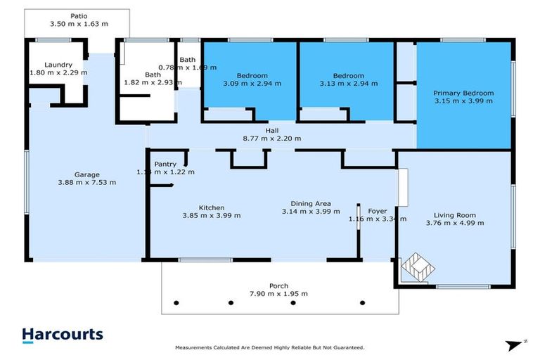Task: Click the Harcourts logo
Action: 62,335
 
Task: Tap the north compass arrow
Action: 517,345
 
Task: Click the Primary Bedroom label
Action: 463,93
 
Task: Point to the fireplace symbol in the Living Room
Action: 416,267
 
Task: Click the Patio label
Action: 78,15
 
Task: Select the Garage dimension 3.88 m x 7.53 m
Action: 87,182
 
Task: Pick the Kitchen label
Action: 211,207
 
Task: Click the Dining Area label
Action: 306,203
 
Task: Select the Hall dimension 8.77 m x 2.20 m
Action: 272,139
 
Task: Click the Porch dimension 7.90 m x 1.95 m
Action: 278,294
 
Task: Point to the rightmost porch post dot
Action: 362,304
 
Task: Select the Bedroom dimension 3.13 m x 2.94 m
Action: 348,84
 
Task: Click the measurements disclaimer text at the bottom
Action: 269,347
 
